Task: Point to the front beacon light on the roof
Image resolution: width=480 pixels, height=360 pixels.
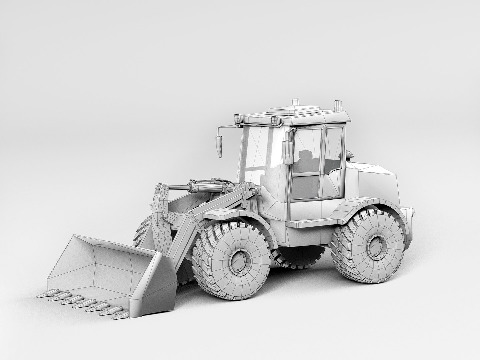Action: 295,102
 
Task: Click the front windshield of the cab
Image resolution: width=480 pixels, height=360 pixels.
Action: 253,153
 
